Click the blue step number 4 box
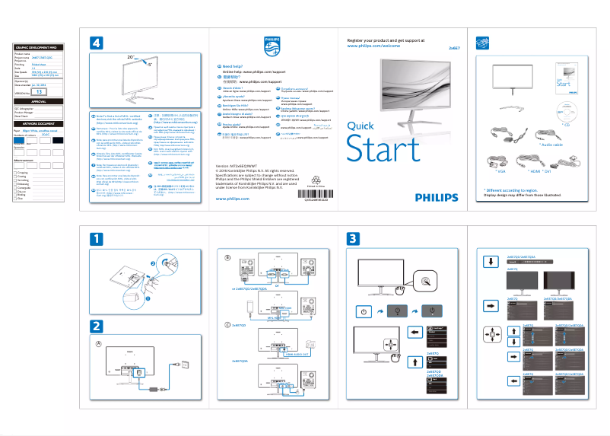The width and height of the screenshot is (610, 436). coord(96,44)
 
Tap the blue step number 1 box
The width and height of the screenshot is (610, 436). coord(96,238)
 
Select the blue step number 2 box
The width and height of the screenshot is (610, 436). coord(96,326)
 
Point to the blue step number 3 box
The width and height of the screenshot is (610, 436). coord(352,238)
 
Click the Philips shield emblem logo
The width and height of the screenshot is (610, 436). coord(272,46)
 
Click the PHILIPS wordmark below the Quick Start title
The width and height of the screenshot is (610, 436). coord(437,196)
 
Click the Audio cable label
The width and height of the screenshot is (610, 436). coord(558,144)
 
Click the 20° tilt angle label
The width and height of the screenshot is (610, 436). coord(131,57)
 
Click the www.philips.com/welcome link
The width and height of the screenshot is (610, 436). coord(373,46)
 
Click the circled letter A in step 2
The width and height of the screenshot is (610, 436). coord(98,343)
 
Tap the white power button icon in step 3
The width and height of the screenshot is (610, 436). coord(364,311)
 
